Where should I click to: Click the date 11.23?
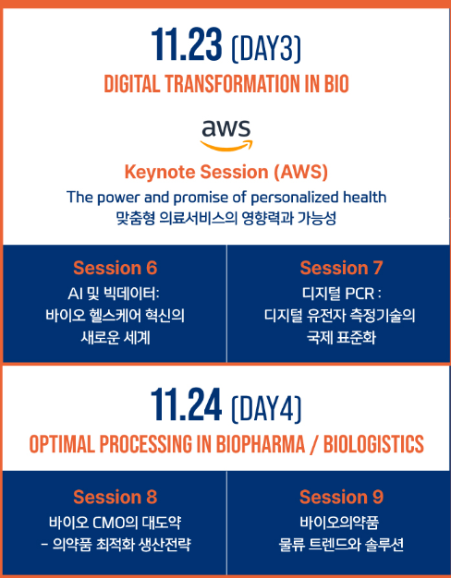tap(187, 44)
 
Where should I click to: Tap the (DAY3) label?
tap(266, 48)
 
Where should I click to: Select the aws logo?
tap(226, 135)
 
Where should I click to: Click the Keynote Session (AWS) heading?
tap(226, 172)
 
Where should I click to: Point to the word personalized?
tap(295, 198)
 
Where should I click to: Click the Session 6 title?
tap(116, 268)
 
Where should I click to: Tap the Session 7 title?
tap(341, 268)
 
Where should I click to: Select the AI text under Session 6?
tap(75, 294)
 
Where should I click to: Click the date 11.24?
tap(187, 404)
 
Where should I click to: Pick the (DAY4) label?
tap(266, 408)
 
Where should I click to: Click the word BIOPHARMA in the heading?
tap(261, 444)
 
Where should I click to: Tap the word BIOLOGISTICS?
tap(373, 444)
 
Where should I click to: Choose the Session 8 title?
tap(116, 497)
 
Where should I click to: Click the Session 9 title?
tap(341, 497)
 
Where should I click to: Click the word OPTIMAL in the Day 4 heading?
tap(62, 444)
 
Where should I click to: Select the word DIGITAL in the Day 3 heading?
tap(132, 84)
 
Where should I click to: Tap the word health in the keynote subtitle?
tap(365, 198)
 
